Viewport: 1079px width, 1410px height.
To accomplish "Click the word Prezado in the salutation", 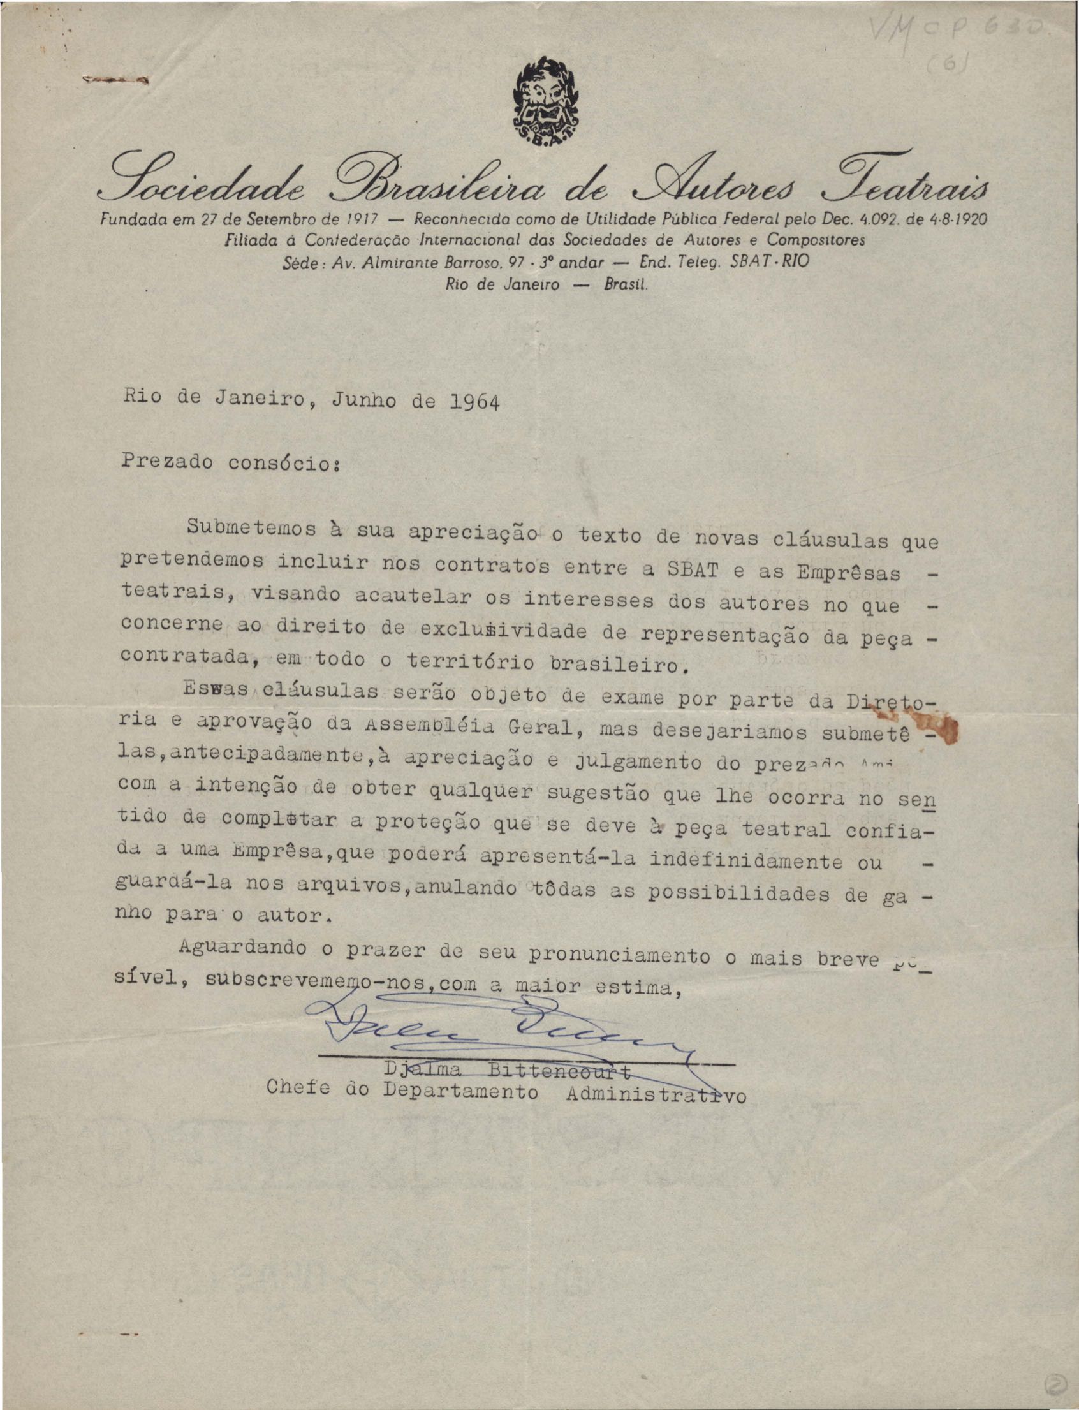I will pyautogui.click(x=166, y=462).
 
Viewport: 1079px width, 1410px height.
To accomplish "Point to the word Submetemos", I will pyautogui.click(x=245, y=528).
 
